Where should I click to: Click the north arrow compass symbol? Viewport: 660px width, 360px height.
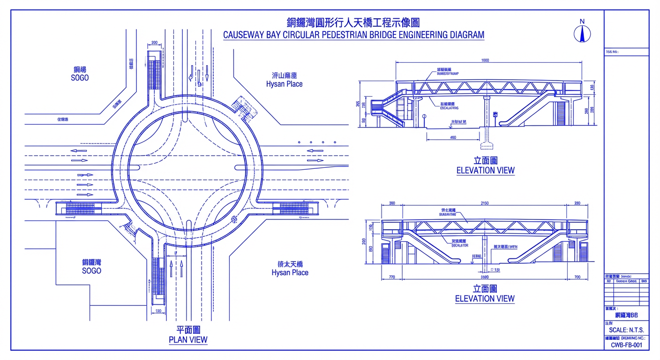tap(582, 33)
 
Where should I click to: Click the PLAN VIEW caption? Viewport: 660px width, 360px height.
tap(188, 340)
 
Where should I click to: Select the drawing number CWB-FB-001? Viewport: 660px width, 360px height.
tap(627, 345)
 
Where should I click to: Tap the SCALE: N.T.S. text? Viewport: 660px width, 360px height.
tap(626, 330)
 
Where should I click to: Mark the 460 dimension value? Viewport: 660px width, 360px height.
tap(453, 137)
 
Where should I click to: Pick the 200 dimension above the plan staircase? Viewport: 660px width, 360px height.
tap(154, 43)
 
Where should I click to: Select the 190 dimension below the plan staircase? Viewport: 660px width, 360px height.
tap(158, 311)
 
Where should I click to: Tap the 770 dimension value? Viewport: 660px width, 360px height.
tap(392, 277)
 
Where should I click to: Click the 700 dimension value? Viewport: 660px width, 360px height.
tap(577, 277)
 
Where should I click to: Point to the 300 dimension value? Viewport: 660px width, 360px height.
tap(392, 203)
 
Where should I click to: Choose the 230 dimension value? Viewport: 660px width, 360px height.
tap(577, 203)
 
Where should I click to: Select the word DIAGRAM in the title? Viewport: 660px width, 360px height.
tap(467, 35)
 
